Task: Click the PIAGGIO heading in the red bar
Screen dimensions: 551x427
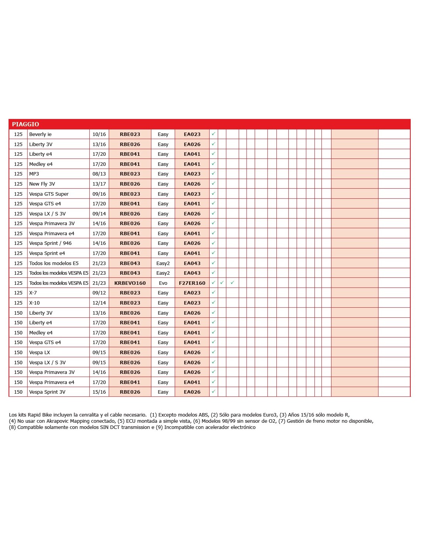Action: click(25, 124)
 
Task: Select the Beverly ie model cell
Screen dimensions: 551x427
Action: click(40, 134)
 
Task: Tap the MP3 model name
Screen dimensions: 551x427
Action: click(34, 174)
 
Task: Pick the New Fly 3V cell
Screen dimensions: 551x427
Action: click(42, 184)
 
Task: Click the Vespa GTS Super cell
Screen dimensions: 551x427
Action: click(49, 194)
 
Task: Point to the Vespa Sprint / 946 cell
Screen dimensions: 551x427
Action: click(50, 243)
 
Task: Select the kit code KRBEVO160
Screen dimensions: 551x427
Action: click(130, 283)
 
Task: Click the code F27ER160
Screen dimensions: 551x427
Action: click(192, 283)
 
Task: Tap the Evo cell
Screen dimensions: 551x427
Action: click(163, 283)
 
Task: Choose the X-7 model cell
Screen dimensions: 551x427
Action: click(33, 293)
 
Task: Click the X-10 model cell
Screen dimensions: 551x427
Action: click(35, 303)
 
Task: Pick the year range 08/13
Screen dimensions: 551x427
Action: click(99, 174)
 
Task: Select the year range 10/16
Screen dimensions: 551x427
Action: click(99, 134)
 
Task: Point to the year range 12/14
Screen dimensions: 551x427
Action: click(99, 303)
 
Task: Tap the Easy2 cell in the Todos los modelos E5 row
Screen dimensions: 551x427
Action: click(163, 263)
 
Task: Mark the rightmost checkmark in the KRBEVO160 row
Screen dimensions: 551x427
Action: click(232, 283)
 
